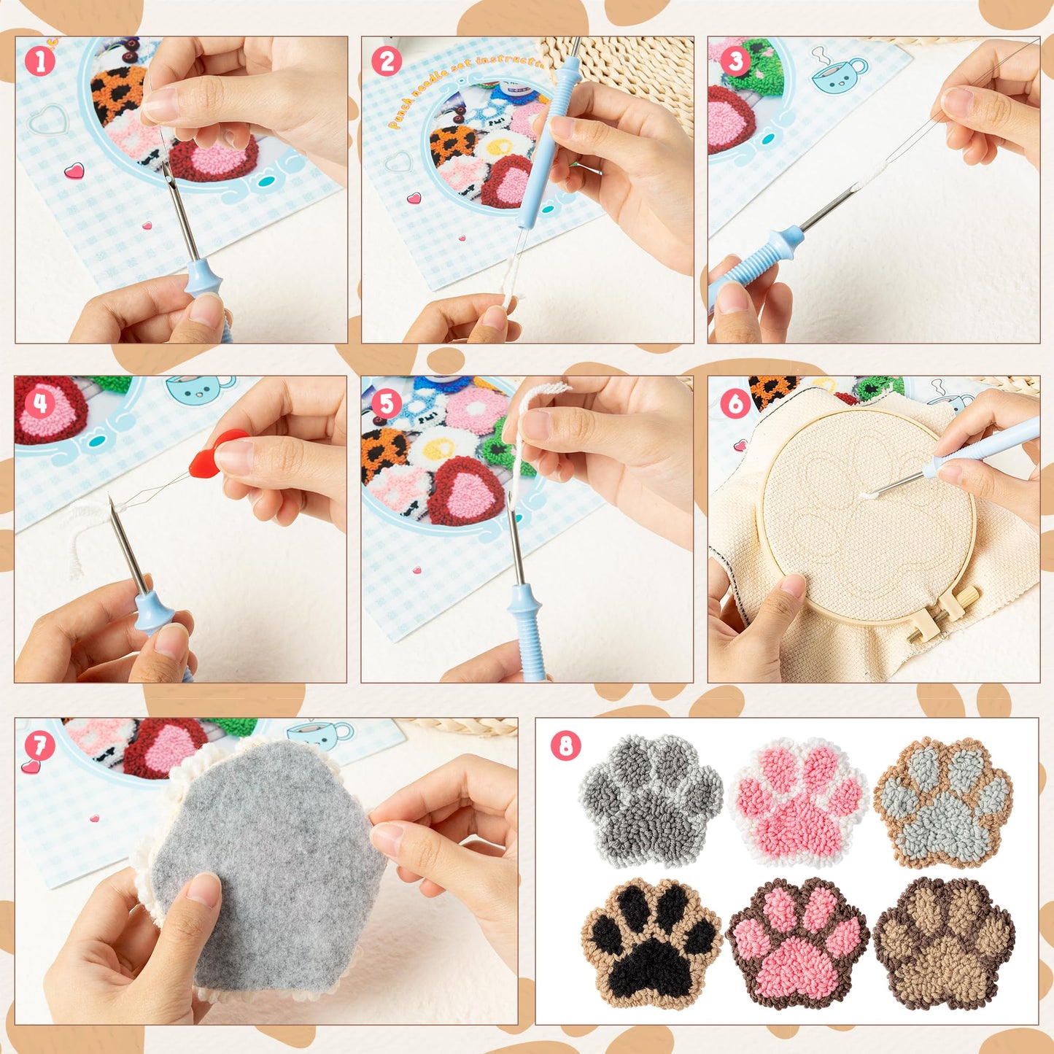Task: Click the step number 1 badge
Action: tap(40, 61)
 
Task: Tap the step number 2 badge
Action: tap(387, 61)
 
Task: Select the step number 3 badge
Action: tap(735, 61)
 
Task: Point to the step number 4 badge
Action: tap(40, 403)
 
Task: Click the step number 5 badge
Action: tap(387, 403)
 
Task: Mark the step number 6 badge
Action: tap(735, 403)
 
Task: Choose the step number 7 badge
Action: tap(40, 745)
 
